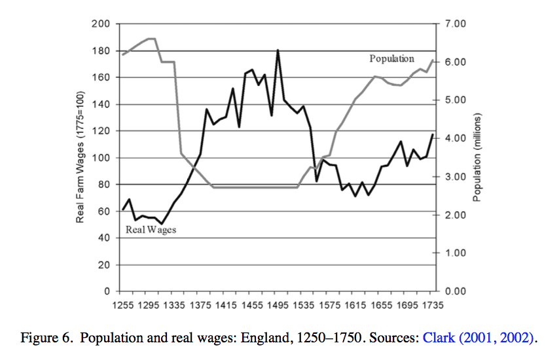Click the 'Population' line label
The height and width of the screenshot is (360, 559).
point(391,59)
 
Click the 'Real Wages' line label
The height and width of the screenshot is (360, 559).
point(151,230)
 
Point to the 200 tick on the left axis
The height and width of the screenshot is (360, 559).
point(102,24)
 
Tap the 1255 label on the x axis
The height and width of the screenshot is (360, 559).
point(123,305)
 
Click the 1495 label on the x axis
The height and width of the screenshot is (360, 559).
point(278,305)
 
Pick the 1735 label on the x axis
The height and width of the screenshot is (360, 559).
point(432,305)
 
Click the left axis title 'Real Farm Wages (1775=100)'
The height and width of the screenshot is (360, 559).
point(81,157)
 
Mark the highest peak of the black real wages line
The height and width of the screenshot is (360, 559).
point(278,50)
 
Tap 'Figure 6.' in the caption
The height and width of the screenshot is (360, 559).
point(48,338)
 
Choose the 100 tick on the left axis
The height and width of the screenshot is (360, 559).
point(102,158)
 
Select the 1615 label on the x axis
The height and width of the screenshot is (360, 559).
point(355,305)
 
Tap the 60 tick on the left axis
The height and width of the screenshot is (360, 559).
point(105,211)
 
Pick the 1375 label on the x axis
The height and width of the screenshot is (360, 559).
point(200,305)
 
